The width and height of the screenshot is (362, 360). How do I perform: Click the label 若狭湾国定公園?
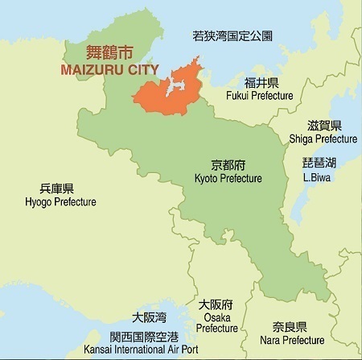click(x=232, y=36)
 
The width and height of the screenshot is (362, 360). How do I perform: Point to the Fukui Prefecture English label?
click(x=261, y=97)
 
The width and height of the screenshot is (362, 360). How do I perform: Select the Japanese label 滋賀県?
click(x=324, y=126)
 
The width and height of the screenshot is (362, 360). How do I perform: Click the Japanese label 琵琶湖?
click(x=319, y=163)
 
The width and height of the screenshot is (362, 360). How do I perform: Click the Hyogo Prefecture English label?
click(x=61, y=201)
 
